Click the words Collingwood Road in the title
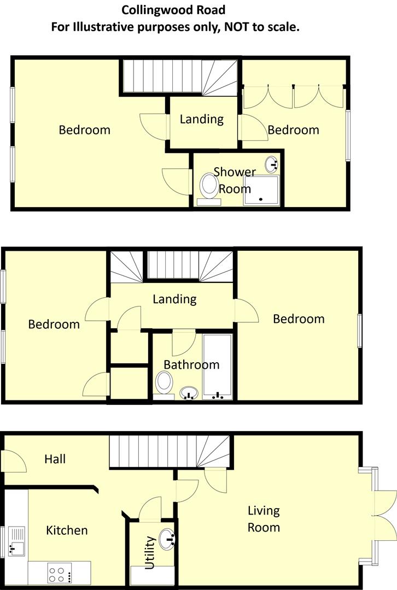pos(173,10)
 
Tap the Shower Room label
pos(235,180)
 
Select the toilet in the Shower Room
pos(208,187)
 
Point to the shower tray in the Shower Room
pos(261,189)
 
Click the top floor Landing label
pos(202,119)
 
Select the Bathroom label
pos(191,364)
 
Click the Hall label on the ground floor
pos(55,459)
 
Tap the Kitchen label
pos(67,530)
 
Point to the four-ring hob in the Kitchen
pos(56,574)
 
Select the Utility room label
pos(150,552)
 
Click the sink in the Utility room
pos(167,538)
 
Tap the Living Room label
pos(264,519)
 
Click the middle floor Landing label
pos(174,299)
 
